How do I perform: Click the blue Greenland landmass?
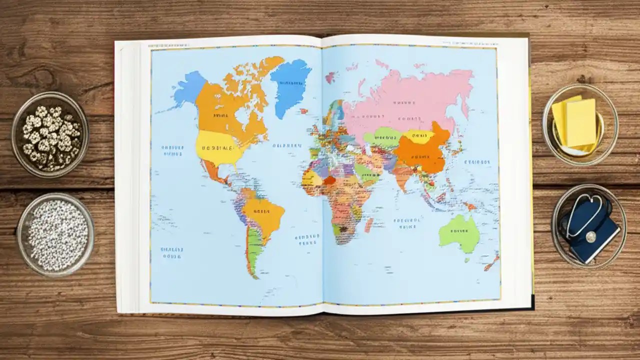point(291,85)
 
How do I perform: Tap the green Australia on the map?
point(458,232)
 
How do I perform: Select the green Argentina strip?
point(253,250)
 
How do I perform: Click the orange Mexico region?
point(212,173)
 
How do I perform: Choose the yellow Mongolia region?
point(419,135)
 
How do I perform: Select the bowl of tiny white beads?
point(56,233)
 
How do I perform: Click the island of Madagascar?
point(369,224)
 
